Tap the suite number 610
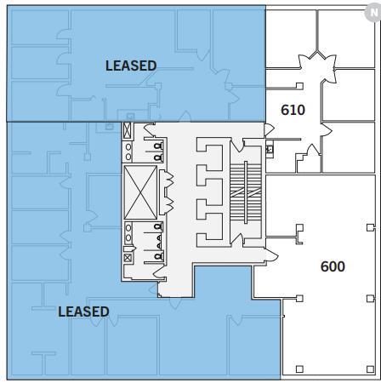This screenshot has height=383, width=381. (x=293, y=109)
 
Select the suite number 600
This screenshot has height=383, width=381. (x=333, y=266)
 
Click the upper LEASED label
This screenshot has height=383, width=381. (x=130, y=66)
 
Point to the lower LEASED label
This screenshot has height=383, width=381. (x=83, y=312)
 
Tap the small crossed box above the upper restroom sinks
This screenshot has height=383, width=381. (x=128, y=130)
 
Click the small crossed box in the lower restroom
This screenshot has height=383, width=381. (x=128, y=257)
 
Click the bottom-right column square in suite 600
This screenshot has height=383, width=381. (x=369, y=369)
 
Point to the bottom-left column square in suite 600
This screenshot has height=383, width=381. (x=299, y=369)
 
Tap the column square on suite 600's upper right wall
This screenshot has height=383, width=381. (x=369, y=227)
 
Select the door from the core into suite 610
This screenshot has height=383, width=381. (x=268, y=129)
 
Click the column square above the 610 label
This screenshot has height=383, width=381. (x=299, y=85)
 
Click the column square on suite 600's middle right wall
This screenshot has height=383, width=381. (x=369, y=298)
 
